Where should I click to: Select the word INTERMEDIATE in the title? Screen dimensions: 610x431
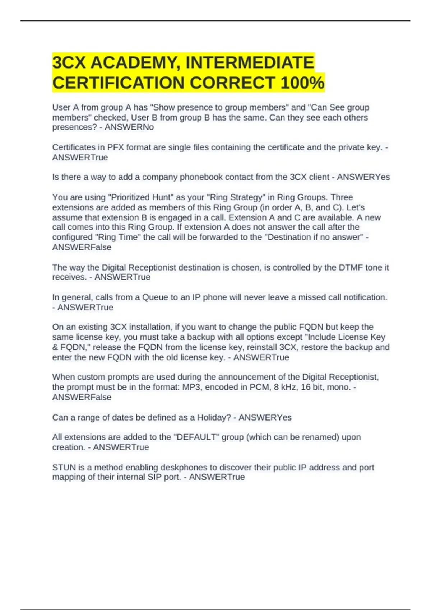point(250,63)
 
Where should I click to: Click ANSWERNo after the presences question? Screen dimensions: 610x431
point(129,127)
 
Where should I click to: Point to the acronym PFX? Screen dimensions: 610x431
point(115,147)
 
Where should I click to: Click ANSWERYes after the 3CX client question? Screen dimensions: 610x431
point(363,177)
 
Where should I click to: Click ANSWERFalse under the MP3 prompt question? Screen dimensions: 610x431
point(82,398)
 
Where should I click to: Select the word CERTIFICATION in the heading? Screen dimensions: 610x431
point(118,83)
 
